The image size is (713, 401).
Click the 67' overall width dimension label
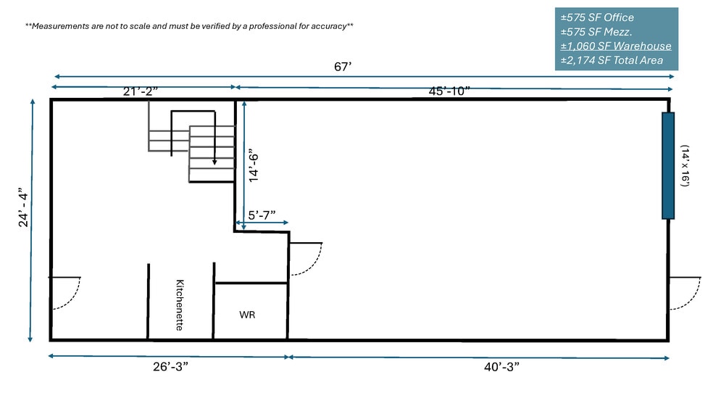click(x=343, y=67)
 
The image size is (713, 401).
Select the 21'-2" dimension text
click(x=141, y=91)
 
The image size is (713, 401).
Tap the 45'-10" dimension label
click(x=449, y=91)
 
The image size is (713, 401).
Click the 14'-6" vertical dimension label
click(x=254, y=165)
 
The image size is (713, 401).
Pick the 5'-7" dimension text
click(x=262, y=215)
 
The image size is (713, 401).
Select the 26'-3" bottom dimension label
click(x=170, y=366)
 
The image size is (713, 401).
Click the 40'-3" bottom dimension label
click(x=501, y=366)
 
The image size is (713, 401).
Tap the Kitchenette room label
click(x=180, y=305)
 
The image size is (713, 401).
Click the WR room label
click(x=247, y=315)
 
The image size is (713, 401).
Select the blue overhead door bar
click(x=668, y=165)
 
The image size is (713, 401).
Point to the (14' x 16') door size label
click(x=685, y=165)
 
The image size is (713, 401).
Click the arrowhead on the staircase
click(x=214, y=162)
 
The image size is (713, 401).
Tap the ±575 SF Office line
click(x=597, y=17)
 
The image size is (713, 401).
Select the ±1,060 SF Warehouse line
click(x=616, y=46)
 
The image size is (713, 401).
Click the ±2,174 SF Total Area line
click(x=612, y=60)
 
